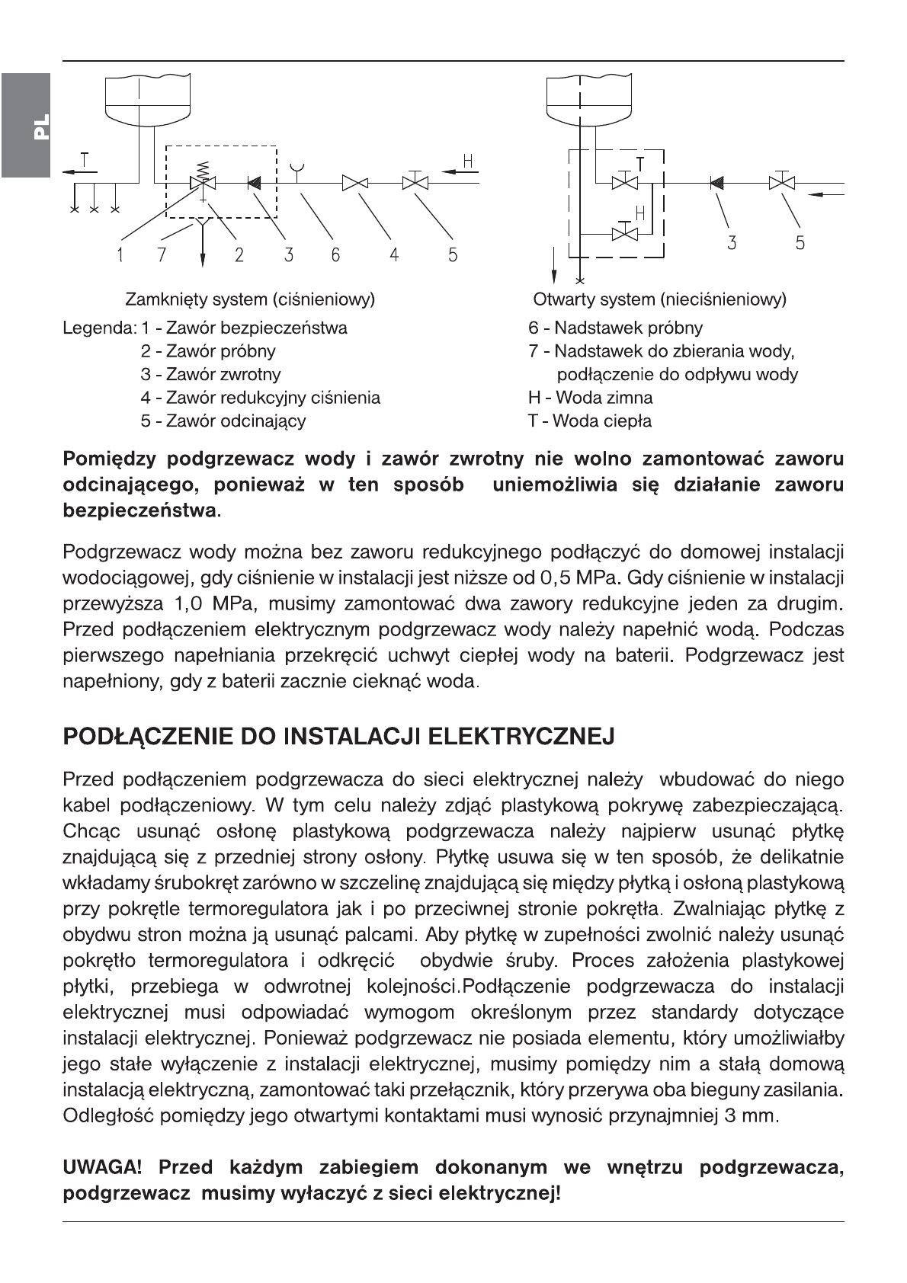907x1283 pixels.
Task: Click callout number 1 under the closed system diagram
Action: [120, 256]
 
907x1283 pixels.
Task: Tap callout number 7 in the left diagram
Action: [162, 256]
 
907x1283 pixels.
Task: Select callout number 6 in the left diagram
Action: [335, 256]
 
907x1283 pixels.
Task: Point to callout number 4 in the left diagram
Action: [394, 256]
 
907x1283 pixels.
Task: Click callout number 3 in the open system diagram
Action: [732, 244]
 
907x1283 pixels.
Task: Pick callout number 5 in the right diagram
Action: [800, 244]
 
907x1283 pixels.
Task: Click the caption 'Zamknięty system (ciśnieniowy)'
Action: [249, 299]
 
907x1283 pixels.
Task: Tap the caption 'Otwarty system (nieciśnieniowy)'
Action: [659, 299]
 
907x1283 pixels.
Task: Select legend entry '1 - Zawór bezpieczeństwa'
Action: [244, 328]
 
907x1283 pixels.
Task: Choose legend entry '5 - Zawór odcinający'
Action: [223, 421]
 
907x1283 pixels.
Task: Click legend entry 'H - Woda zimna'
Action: [590, 398]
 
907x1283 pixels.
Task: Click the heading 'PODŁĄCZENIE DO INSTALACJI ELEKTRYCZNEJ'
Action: [338, 737]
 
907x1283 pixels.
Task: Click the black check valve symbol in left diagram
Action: [254, 183]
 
